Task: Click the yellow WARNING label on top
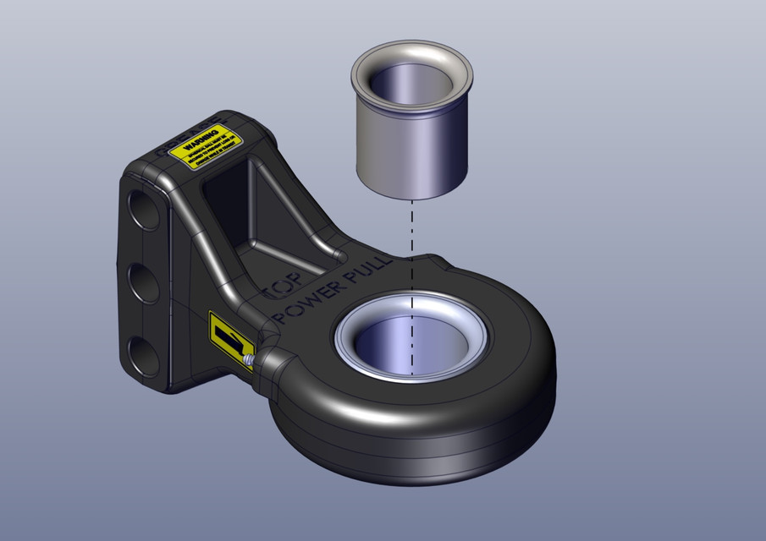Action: coord(206,148)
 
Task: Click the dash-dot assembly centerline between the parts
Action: coord(411,245)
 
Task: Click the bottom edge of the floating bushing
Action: coord(411,196)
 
